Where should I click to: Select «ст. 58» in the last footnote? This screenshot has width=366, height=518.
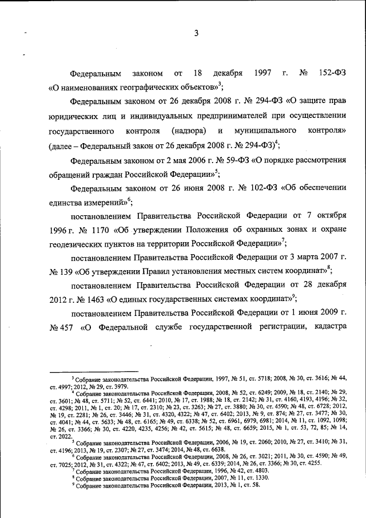tap(249, 485)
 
